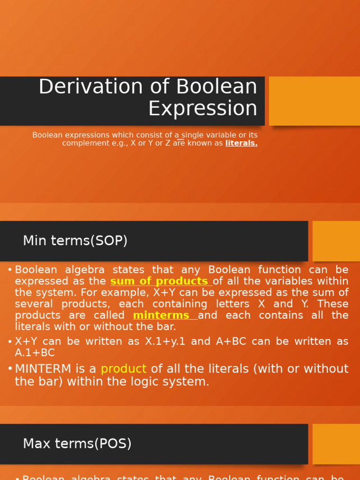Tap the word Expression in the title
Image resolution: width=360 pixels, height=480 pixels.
point(202,108)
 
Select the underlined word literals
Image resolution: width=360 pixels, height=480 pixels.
point(241,143)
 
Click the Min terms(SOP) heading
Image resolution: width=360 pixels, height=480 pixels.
point(75,241)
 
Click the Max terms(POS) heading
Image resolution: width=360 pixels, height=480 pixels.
point(77,443)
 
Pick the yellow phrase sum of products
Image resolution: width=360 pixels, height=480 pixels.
point(159,281)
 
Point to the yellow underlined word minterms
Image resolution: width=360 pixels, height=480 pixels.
point(161,315)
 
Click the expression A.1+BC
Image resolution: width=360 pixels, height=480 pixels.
point(35,352)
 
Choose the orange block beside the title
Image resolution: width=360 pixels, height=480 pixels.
point(314,101)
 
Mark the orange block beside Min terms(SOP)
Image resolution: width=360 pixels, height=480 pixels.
point(336,241)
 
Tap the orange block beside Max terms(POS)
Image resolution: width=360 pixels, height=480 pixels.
point(336,443)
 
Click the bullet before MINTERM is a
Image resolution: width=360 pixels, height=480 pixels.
point(10,369)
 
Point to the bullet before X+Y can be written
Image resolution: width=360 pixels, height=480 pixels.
point(10,341)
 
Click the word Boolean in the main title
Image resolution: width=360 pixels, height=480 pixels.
point(217,87)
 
